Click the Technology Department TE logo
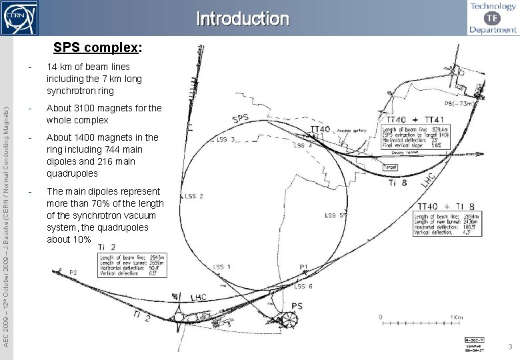(493, 18)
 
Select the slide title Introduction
(243, 19)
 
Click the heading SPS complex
(97, 48)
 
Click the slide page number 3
(509, 347)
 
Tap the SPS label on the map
(241, 119)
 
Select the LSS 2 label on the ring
(194, 197)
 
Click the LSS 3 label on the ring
(225, 140)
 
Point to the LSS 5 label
(335, 215)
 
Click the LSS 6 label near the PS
(304, 286)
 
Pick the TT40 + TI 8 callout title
(447, 206)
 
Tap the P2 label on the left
(73, 273)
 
